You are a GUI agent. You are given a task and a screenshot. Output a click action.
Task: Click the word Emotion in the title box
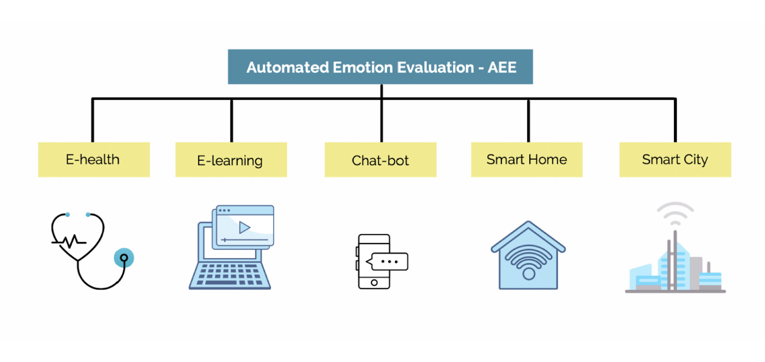click(363, 67)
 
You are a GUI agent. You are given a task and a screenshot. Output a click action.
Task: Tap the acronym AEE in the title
click(502, 67)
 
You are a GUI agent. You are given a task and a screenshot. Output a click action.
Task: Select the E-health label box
click(94, 160)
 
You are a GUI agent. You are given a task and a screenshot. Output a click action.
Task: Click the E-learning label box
click(231, 160)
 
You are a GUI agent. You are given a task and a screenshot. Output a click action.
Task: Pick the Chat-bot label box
click(380, 160)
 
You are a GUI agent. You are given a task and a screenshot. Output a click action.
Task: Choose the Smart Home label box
click(526, 160)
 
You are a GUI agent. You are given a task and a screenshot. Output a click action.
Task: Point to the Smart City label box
click(675, 160)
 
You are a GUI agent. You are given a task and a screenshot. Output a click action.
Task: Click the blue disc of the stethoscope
click(124, 258)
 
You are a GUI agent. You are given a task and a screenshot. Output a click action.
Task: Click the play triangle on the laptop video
click(244, 227)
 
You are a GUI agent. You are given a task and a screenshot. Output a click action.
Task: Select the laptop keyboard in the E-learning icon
click(229, 275)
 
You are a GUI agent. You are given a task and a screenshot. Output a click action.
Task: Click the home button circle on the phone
click(374, 283)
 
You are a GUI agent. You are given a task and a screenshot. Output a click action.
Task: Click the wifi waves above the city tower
click(675, 213)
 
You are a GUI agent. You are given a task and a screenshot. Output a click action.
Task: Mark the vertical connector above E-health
click(93, 120)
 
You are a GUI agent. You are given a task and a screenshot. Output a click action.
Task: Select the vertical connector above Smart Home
click(528, 120)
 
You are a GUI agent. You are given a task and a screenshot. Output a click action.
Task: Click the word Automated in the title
click(287, 67)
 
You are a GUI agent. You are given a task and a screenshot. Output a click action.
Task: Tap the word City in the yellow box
click(696, 160)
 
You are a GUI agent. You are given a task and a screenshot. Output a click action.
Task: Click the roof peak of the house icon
click(528, 223)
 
